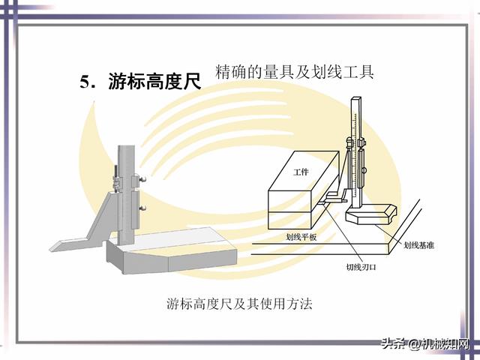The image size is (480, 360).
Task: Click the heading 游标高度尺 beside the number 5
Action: (x=155, y=82)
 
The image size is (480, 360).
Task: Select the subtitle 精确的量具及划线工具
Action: (x=294, y=72)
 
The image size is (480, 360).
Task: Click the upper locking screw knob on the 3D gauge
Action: (x=140, y=180)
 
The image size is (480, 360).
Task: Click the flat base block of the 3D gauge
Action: (x=169, y=251)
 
